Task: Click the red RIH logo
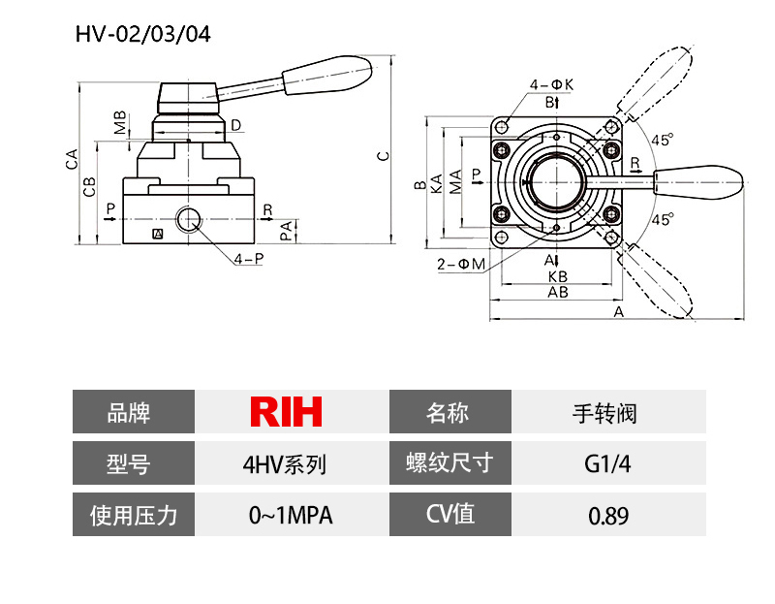(x=286, y=412)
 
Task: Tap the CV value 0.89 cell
(x=607, y=514)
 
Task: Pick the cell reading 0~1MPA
(x=291, y=515)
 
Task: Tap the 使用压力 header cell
(x=134, y=514)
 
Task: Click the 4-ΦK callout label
(x=551, y=84)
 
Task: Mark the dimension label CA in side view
(x=71, y=159)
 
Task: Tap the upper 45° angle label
(x=662, y=140)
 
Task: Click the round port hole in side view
(x=186, y=219)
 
